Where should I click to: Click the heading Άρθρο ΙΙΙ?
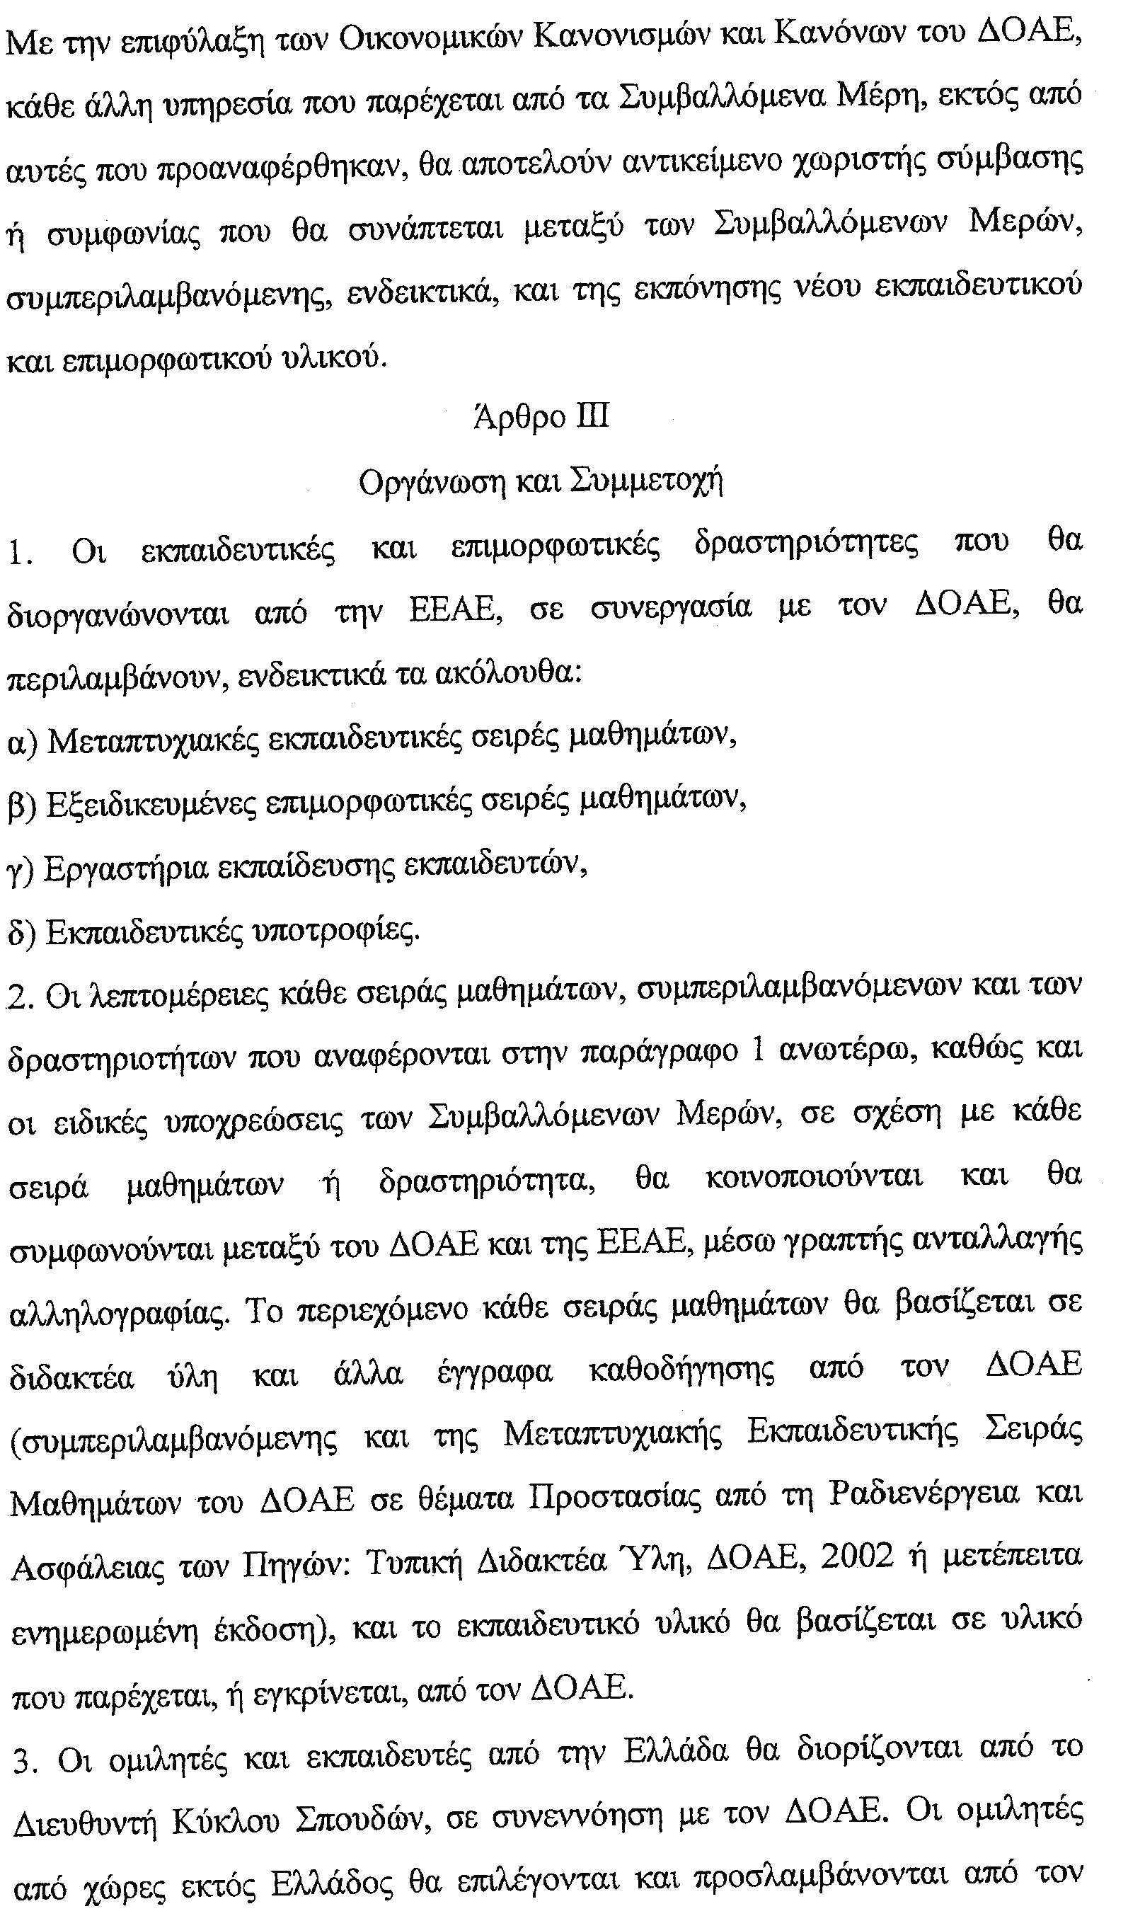(541, 418)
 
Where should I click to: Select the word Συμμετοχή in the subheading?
(646, 482)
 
